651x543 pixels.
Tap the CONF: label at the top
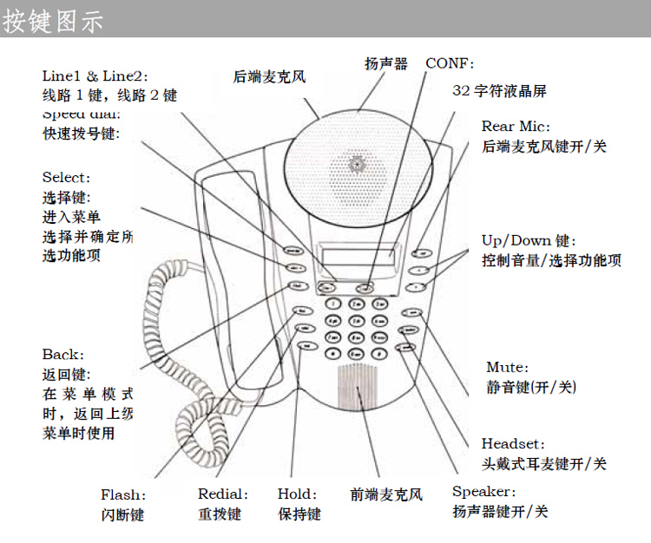coord(450,63)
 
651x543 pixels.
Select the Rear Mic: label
coord(516,127)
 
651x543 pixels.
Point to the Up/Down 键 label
coord(529,240)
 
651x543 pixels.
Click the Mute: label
coord(507,368)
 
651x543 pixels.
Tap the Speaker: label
coord(483,492)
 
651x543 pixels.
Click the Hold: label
coord(297,494)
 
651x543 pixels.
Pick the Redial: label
coord(222,494)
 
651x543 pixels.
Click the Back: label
coord(63,355)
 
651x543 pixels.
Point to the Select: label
coord(66,178)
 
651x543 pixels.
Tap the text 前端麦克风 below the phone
coord(386,494)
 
